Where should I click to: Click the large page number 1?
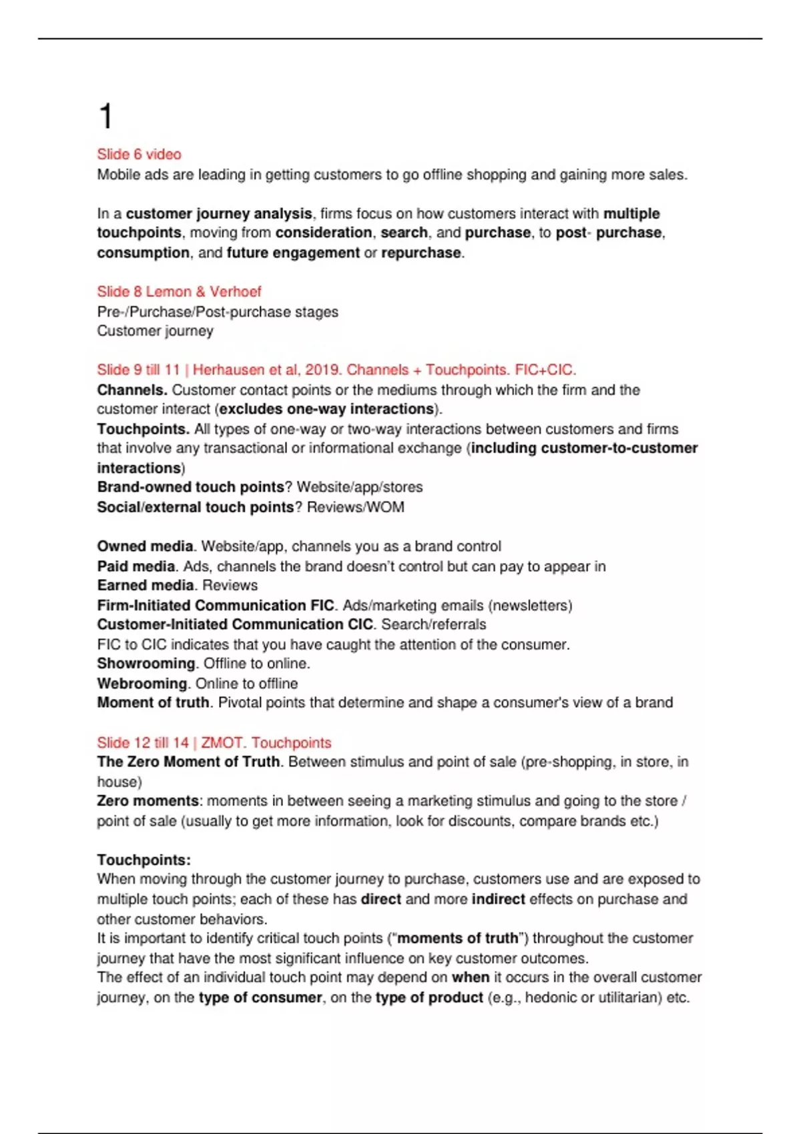click(105, 117)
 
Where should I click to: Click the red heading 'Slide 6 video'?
click(139, 155)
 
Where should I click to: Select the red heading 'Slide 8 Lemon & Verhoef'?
click(179, 292)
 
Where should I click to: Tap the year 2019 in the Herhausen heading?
click(322, 370)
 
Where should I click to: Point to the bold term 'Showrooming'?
click(146, 664)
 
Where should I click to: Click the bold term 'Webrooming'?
click(142, 684)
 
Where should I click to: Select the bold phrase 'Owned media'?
click(145, 546)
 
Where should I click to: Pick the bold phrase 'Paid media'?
click(136, 566)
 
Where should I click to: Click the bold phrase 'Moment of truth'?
click(153, 703)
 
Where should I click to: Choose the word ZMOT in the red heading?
click(222, 743)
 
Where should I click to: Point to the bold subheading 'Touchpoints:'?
click(144, 860)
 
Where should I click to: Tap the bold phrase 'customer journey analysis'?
click(219, 214)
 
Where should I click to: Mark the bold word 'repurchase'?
click(421, 253)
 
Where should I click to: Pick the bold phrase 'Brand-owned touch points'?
click(190, 488)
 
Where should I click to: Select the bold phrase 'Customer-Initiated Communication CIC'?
click(235, 625)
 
